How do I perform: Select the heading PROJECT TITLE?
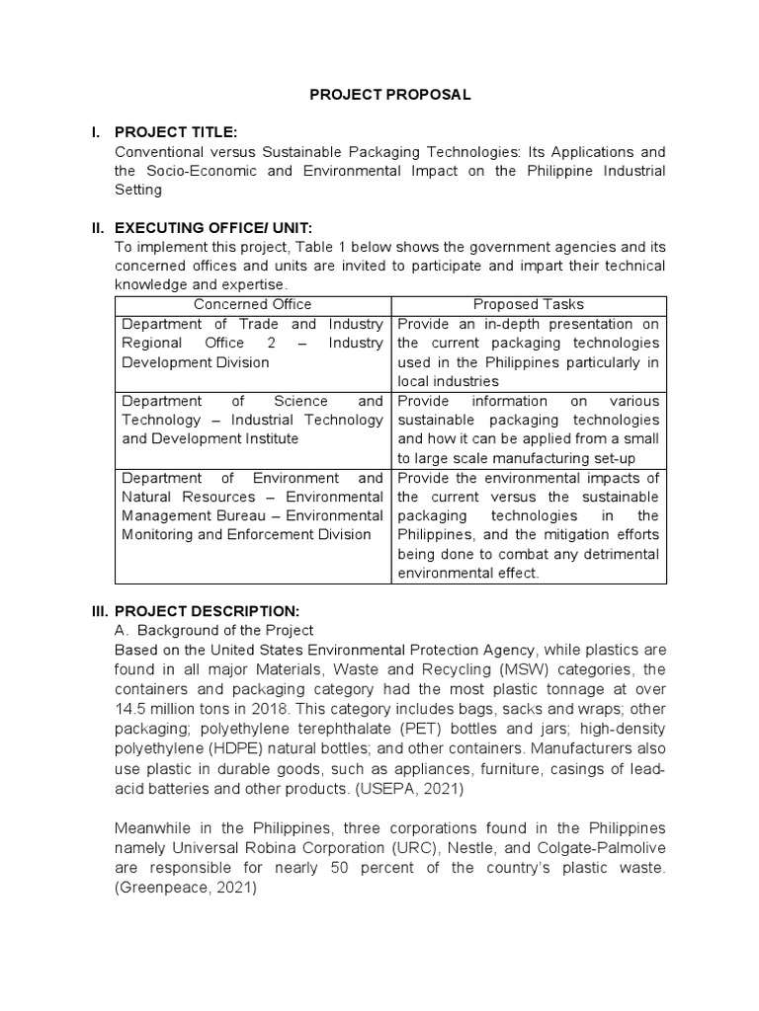176,132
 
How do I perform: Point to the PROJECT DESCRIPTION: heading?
208,611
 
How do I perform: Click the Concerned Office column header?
252,305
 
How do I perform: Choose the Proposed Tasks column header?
528,305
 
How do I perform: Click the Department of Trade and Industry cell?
252,343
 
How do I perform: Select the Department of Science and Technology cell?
252,420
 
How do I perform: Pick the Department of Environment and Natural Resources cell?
252,506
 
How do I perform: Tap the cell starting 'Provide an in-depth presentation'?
528,352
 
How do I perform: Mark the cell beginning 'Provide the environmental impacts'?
528,525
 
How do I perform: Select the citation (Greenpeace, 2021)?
186,888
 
